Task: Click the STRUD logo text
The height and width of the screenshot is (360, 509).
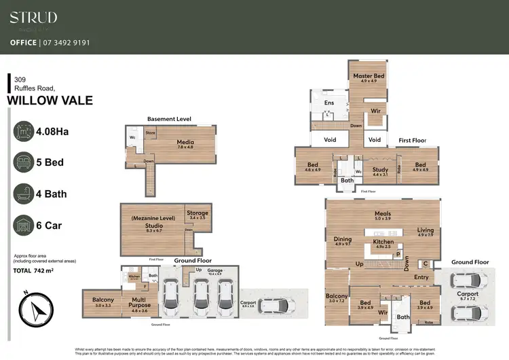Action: [33, 17]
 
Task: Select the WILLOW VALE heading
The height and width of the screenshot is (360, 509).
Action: [50, 101]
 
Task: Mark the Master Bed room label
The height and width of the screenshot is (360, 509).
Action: [369, 76]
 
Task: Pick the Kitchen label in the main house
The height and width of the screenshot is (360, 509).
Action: [383, 242]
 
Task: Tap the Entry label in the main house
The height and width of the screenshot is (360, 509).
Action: [421, 276]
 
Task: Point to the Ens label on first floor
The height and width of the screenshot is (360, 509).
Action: [329, 103]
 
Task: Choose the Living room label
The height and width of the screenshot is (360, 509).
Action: [425, 231]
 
